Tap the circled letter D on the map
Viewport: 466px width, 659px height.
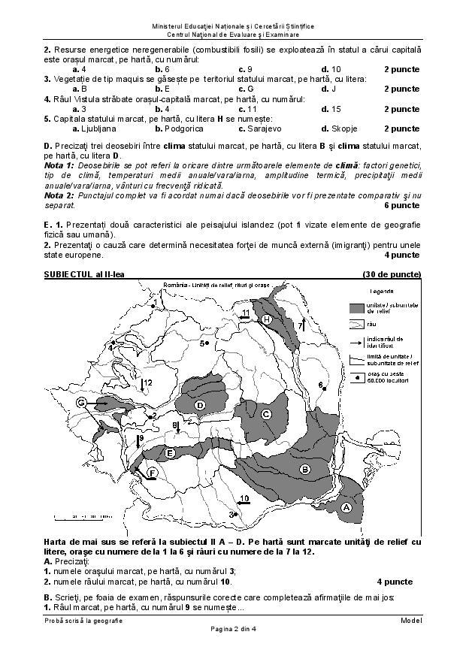[x=200, y=406]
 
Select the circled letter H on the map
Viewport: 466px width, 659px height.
[x=267, y=319]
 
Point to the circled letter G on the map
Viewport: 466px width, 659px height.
[x=80, y=403]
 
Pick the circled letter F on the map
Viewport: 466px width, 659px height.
[x=151, y=473]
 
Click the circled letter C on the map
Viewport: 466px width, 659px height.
[x=265, y=413]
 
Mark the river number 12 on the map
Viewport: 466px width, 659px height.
[x=148, y=382]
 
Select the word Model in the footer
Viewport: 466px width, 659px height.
[x=411, y=620]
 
